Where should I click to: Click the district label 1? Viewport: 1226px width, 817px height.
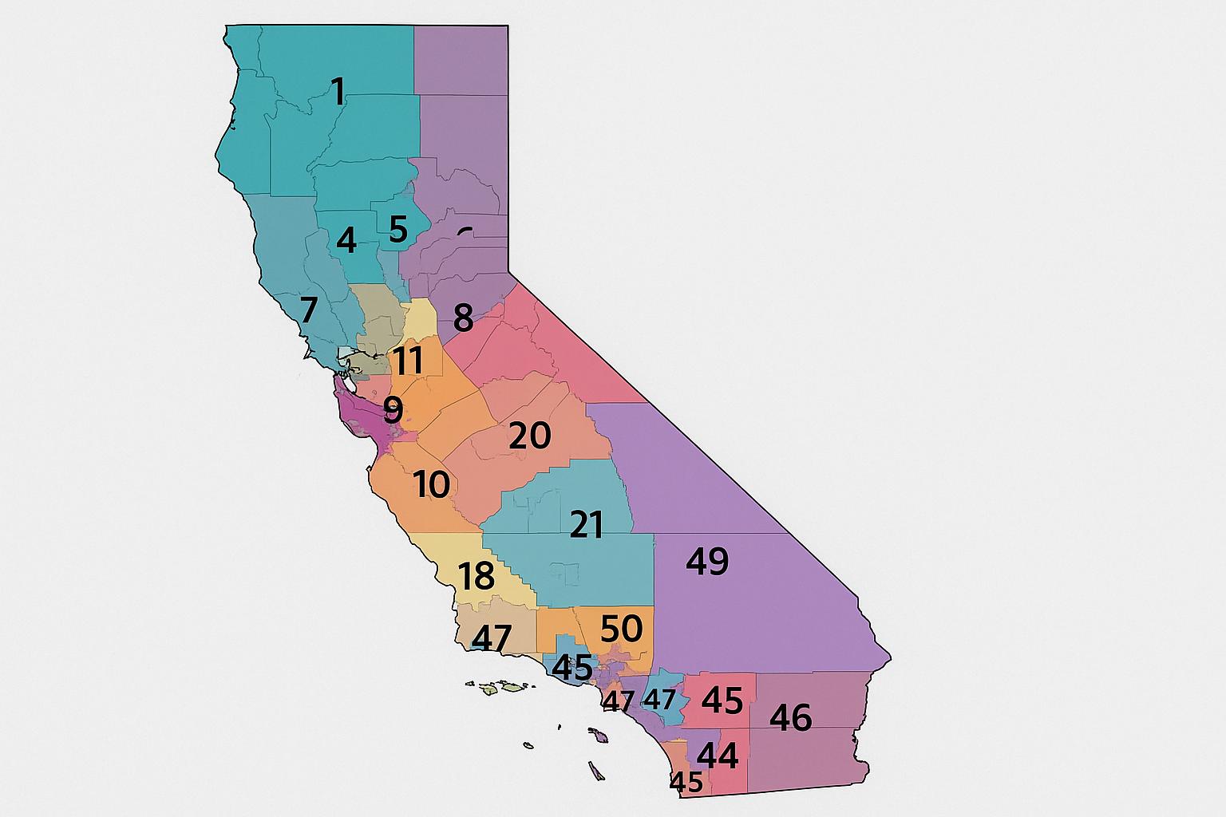(338, 93)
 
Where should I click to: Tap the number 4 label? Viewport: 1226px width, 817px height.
(346, 240)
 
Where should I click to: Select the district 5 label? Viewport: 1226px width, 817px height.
(398, 230)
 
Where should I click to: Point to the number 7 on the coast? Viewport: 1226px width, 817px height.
(308, 309)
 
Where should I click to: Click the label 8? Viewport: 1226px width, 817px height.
(463, 319)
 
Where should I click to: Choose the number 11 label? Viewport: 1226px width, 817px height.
(409, 361)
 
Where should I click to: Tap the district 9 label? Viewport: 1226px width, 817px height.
(393, 410)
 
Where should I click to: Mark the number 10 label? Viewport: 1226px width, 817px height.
(432, 484)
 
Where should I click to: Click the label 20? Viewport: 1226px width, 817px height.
(529, 436)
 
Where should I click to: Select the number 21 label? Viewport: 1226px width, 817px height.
(587, 525)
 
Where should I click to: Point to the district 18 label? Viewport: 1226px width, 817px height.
(477, 576)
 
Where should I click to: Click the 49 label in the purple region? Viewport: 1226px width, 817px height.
(707, 562)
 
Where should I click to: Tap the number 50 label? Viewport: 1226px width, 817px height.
(621, 629)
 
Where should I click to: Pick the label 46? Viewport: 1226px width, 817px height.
(790, 718)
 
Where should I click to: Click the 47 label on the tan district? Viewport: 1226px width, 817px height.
(492, 637)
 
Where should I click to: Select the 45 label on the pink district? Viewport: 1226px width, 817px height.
(722, 701)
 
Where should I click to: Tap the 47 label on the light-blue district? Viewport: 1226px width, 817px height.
(660, 700)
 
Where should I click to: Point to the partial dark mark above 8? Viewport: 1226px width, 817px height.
(465, 231)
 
